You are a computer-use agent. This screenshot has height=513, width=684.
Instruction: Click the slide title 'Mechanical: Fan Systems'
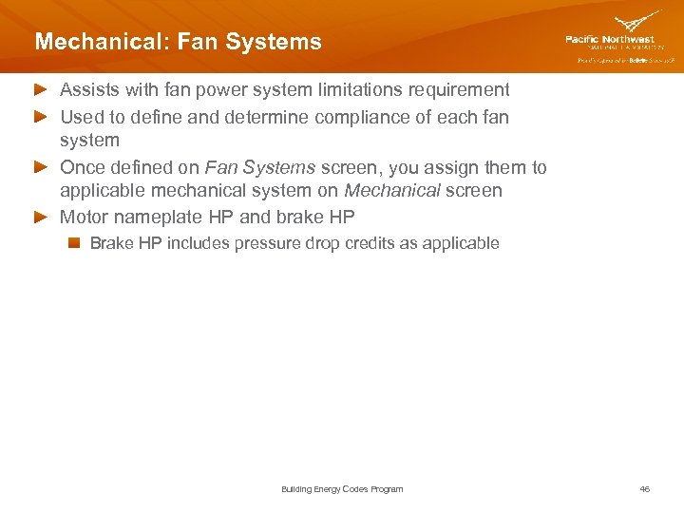tap(178, 43)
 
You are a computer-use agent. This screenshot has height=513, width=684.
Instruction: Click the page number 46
tap(645, 489)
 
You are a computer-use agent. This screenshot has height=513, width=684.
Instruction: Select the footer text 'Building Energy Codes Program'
tap(342, 489)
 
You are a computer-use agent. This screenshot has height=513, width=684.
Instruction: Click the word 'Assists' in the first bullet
tap(89, 90)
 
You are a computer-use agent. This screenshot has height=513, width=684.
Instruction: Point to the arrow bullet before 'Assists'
tap(42, 90)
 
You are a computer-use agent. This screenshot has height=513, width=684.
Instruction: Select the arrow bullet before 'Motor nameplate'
tap(42, 218)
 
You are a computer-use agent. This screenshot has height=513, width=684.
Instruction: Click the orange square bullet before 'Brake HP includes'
tap(74, 243)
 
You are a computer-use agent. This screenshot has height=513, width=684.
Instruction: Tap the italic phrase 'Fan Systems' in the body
tap(259, 168)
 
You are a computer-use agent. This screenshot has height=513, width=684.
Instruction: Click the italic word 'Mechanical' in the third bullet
tap(392, 191)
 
